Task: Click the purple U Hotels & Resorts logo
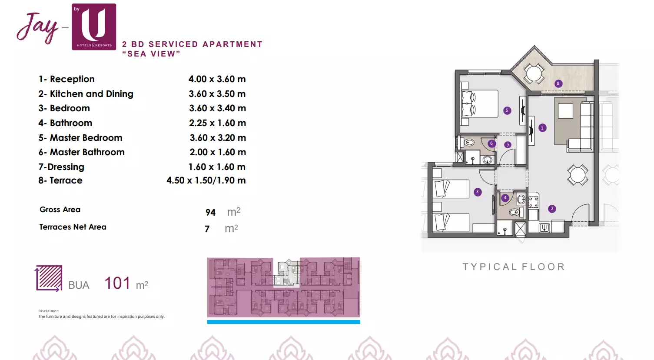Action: [94, 27]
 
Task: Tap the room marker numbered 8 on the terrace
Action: [558, 83]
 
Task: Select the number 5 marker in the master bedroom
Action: [507, 110]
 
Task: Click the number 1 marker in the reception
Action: [542, 128]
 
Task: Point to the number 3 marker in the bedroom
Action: [478, 192]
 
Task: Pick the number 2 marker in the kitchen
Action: [552, 209]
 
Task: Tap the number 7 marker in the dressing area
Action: [508, 145]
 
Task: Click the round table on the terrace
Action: [534, 73]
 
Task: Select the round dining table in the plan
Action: [578, 175]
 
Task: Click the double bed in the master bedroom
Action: [480, 104]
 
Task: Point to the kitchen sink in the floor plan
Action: [544, 227]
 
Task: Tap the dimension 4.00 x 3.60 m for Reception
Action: [217, 79]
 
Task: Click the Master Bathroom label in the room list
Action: [87, 152]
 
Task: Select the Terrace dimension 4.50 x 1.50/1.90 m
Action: [206, 180]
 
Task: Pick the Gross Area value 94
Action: [210, 213]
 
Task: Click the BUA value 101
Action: [117, 283]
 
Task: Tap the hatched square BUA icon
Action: [49, 278]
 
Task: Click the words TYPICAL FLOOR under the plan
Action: [514, 267]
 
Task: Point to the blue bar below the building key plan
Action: [283, 322]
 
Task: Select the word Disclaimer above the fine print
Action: [49, 311]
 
